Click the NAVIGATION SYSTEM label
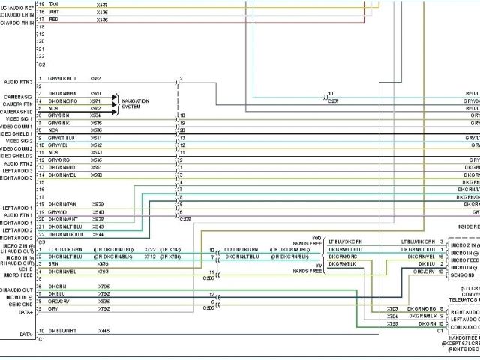tap(136, 102)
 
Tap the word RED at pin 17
tap(53, 19)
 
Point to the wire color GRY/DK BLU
tap(63, 78)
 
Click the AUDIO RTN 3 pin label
tap(18, 81)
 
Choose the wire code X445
tap(103, 331)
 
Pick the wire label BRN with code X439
tap(53, 263)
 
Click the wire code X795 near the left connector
tap(103, 286)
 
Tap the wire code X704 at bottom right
tap(391, 316)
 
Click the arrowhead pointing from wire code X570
tap(115, 97)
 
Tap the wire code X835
tap(103, 301)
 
